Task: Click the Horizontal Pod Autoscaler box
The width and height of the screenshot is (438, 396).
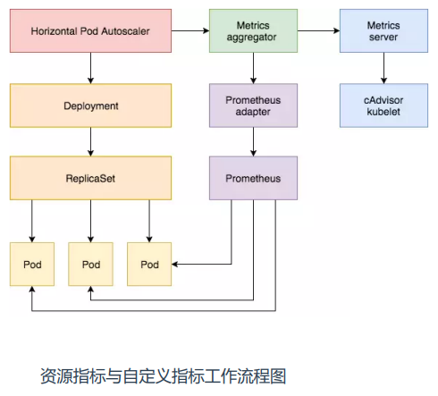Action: click(x=90, y=30)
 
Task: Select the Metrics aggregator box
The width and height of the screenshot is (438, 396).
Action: click(x=253, y=30)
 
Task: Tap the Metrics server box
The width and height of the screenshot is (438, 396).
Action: click(x=383, y=30)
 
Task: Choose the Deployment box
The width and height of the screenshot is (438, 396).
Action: click(x=90, y=105)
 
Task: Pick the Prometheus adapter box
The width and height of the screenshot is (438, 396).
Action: click(x=253, y=105)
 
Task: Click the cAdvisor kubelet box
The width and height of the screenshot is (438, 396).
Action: click(x=383, y=105)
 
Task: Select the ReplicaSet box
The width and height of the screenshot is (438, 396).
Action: click(x=90, y=178)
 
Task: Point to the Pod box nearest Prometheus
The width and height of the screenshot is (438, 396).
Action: click(x=149, y=265)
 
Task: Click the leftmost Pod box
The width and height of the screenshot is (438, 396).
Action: click(x=32, y=265)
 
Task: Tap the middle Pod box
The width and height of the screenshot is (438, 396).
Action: click(x=90, y=265)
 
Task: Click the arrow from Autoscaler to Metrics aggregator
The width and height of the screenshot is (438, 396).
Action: click(x=190, y=30)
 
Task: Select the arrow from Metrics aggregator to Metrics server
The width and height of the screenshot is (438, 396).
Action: click(x=318, y=30)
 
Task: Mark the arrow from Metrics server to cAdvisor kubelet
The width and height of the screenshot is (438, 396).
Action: click(x=383, y=68)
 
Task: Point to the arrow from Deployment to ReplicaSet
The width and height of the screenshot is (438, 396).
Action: click(x=90, y=142)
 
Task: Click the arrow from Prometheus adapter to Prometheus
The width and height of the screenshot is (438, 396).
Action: click(x=253, y=142)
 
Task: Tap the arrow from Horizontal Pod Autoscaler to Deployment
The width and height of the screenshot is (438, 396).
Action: click(x=90, y=68)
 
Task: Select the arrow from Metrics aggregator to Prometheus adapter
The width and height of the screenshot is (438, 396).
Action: click(x=253, y=68)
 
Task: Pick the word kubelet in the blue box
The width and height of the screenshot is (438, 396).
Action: click(x=383, y=112)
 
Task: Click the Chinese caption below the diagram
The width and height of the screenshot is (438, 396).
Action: click(x=164, y=376)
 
